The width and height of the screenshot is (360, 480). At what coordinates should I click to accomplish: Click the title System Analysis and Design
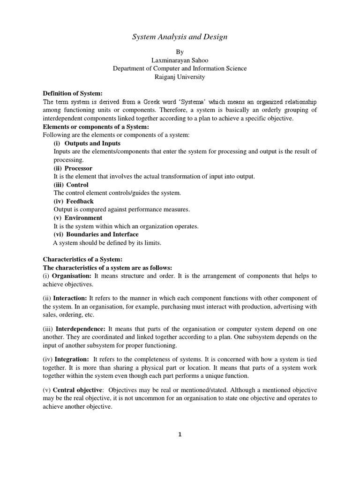(x=180, y=37)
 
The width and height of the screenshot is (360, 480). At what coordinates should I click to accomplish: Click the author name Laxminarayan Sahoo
(x=180, y=60)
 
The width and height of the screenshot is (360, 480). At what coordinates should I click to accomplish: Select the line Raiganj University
(x=180, y=77)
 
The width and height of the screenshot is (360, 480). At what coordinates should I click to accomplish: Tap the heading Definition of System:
(x=73, y=94)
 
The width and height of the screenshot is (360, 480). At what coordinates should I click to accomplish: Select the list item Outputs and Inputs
(x=92, y=143)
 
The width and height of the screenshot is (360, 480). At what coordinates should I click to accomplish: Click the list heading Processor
(x=78, y=168)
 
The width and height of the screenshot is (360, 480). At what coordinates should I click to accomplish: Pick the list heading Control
(x=76, y=185)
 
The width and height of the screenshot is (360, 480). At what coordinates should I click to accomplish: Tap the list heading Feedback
(x=80, y=201)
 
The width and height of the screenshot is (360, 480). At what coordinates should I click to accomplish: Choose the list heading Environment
(x=83, y=218)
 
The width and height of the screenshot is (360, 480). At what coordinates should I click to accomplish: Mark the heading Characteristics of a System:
(x=82, y=259)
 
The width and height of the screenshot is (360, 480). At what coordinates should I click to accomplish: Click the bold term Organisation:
(x=71, y=276)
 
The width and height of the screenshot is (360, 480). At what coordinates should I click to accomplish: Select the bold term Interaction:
(x=70, y=298)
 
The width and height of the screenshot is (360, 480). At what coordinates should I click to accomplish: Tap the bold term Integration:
(x=72, y=359)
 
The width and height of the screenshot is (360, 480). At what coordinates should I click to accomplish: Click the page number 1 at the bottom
(x=180, y=435)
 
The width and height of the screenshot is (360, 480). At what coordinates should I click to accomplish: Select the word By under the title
(x=180, y=52)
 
